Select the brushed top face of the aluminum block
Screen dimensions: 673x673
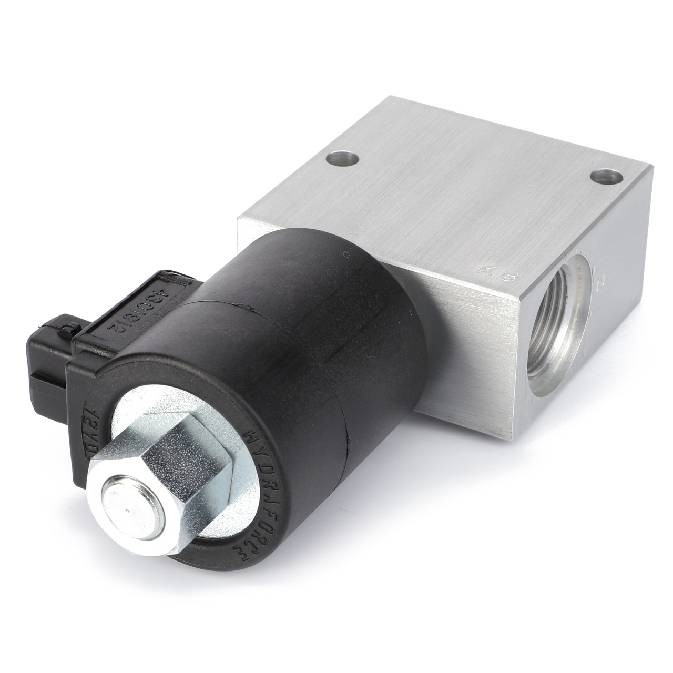point(452,179)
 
